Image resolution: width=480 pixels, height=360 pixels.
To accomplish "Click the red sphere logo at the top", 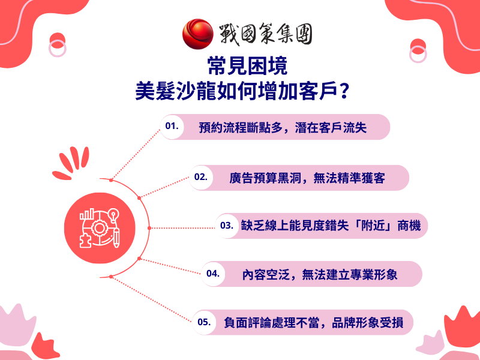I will click(x=197, y=34).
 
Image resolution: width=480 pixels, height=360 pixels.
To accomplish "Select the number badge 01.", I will click(x=173, y=127).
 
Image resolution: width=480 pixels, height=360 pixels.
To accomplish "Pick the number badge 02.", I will click(x=200, y=178).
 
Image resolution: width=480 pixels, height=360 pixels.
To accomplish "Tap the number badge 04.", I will click(x=212, y=274).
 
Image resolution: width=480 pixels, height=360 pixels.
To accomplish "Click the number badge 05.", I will click(x=204, y=322).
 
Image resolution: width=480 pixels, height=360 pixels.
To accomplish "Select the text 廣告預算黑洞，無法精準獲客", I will click(x=307, y=178).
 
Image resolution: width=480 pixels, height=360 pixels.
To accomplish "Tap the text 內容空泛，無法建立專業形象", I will click(x=320, y=274).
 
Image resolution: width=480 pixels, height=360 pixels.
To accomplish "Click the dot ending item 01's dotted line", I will click(x=111, y=179).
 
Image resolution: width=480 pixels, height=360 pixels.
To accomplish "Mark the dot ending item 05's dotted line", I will click(x=111, y=277).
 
